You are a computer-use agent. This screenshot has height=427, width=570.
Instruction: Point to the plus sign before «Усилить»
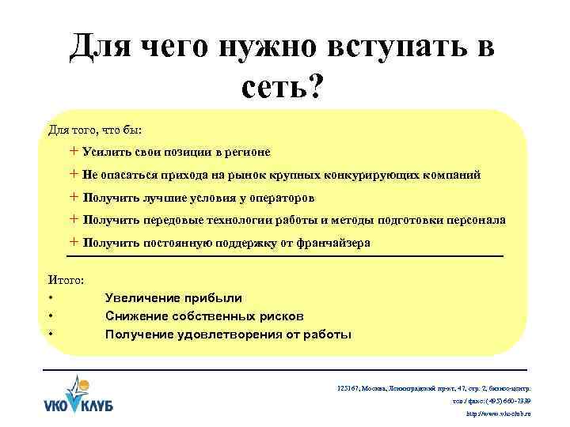(74, 151)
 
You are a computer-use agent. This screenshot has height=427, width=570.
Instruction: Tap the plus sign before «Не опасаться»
(74, 174)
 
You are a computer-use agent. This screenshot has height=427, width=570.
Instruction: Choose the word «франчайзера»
(326, 244)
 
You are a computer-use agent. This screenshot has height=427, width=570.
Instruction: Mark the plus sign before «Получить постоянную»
(74, 243)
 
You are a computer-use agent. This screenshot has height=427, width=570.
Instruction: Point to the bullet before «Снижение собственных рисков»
(51, 316)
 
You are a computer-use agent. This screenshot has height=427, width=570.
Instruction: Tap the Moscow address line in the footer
(433, 388)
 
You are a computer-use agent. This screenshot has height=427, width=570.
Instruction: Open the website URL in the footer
(499, 414)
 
